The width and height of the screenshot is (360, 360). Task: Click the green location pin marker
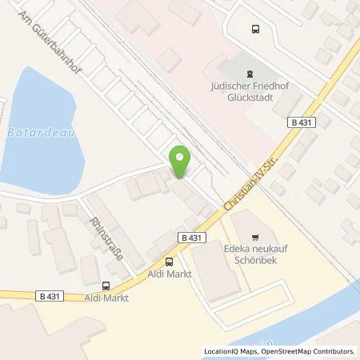[x=181, y=162]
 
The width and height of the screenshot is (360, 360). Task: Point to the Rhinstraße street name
[x=103, y=238]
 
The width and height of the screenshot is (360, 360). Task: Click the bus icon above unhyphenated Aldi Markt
[x=169, y=261]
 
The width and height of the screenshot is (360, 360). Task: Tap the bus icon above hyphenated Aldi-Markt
[x=106, y=286]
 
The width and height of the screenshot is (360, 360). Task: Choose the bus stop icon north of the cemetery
[x=255, y=30]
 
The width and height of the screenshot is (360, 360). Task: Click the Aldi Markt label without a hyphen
[x=169, y=274]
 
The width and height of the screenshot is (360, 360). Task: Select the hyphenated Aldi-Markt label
[x=106, y=298]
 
